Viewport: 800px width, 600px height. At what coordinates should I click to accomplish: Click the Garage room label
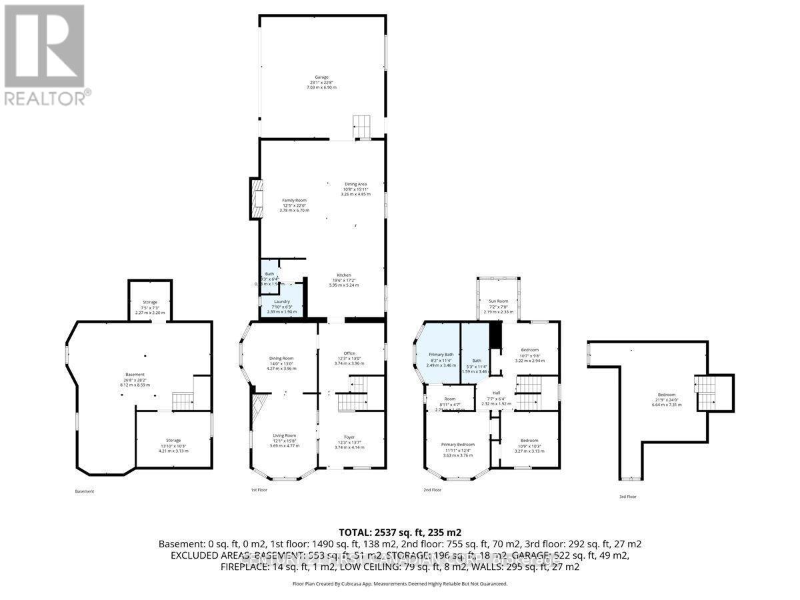(322, 77)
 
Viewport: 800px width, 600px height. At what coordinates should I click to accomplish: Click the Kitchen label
(343, 275)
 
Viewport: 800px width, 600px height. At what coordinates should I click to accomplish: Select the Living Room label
(285, 435)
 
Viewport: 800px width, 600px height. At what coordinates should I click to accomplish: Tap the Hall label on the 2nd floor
(497, 393)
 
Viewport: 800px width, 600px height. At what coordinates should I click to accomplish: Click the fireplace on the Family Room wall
(255, 198)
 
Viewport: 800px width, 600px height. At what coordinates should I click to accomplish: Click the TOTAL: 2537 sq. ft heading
(400, 532)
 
